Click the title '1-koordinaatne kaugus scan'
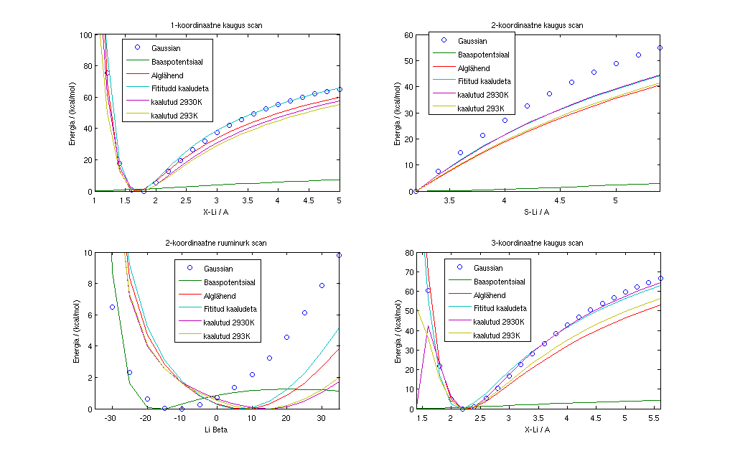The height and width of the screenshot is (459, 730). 217,25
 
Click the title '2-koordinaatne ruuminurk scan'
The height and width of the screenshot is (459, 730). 217,243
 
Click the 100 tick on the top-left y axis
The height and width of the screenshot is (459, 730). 86,34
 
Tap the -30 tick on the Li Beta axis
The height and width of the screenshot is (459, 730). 111,418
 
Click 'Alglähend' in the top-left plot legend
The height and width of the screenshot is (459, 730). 167,75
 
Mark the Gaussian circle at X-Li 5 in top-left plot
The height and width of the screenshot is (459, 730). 340,89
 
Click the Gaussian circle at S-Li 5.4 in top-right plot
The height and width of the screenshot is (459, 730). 660,48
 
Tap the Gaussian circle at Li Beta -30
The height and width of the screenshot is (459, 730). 112,307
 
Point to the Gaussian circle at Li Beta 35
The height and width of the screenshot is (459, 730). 340,255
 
